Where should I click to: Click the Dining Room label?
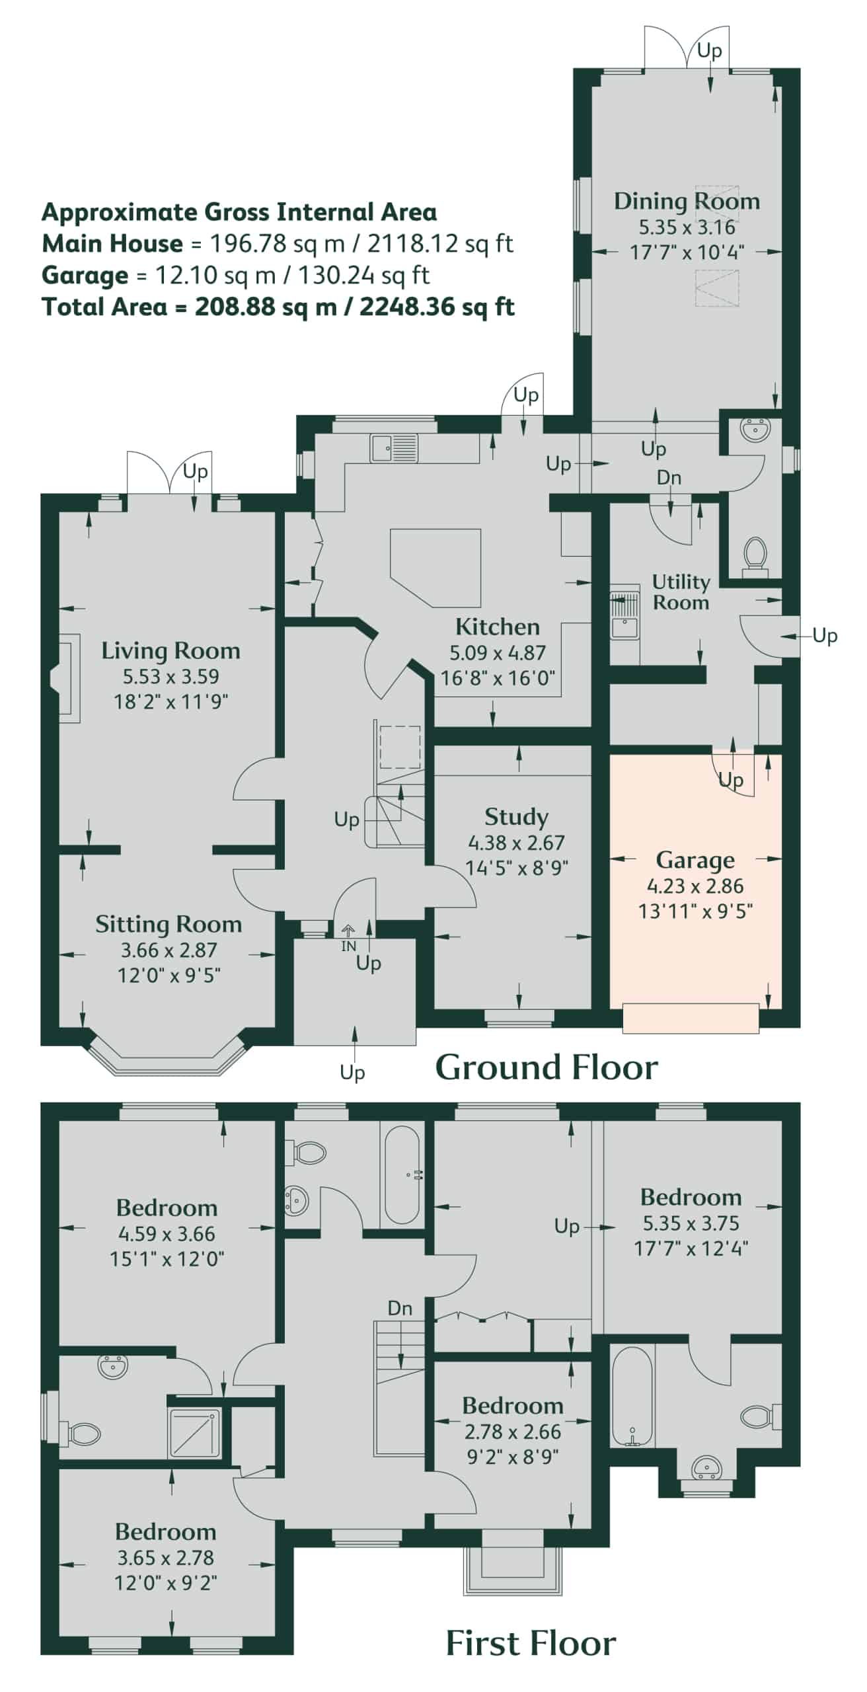point(687,201)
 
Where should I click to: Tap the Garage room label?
point(695,860)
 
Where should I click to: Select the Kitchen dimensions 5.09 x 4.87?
point(498,652)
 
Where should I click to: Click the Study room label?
point(516,817)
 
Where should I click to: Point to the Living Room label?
point(170,651)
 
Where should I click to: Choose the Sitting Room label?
point(169,924)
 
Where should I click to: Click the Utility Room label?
point(681,592)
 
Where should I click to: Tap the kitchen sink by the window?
point(394,448)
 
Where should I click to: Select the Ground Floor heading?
point(547,1067)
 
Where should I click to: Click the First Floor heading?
point(531,1644)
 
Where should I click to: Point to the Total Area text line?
point(278,307)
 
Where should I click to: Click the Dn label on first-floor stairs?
point(400,1308)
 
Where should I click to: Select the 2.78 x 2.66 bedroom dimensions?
point(513,1432)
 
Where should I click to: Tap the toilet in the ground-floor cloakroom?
point(755,554)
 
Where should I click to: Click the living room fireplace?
point(65,678)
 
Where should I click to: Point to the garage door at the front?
point(691,1018)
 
